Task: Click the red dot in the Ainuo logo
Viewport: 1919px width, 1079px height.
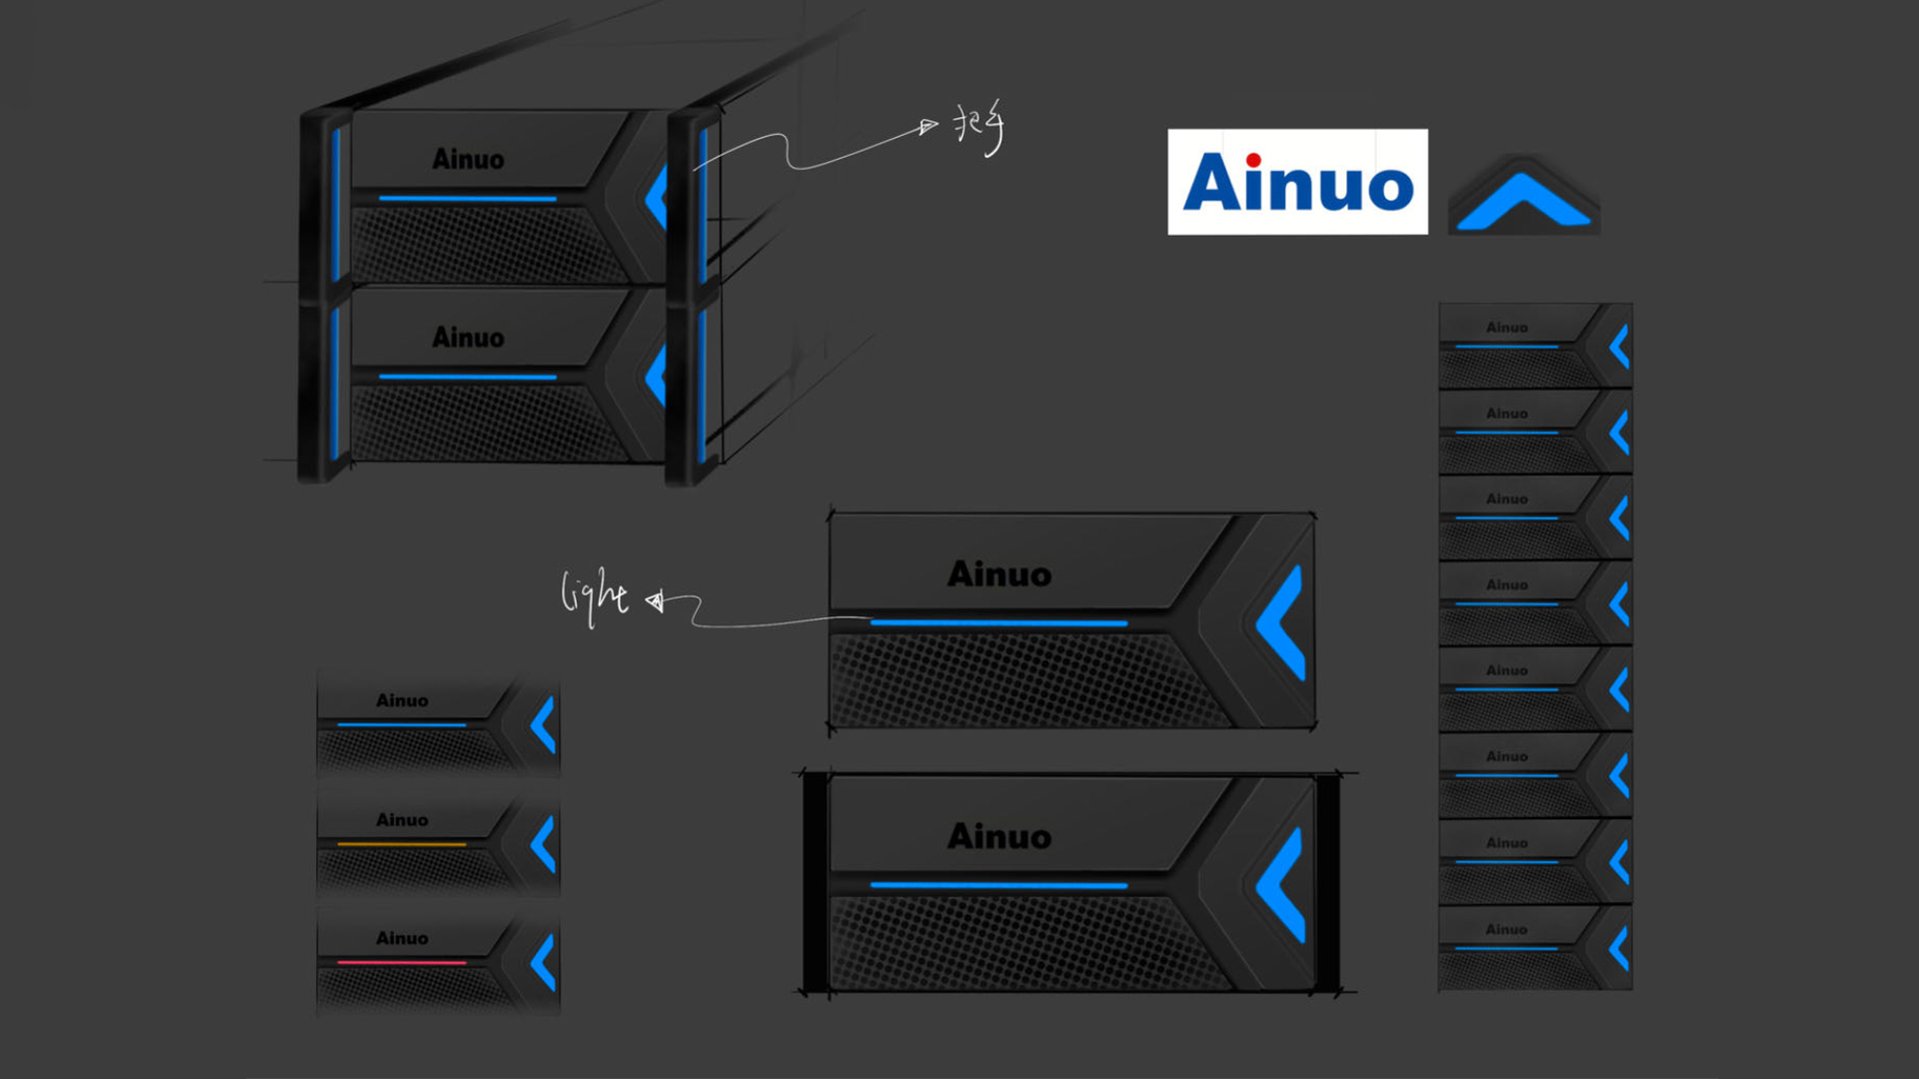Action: click(x=1253, y=160)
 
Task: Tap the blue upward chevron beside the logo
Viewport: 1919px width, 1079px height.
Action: click(x=1523, y=201)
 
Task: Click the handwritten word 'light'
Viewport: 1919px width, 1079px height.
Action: click(x=594, y=595)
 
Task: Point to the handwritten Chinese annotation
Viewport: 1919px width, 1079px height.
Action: click(x=978, y=129)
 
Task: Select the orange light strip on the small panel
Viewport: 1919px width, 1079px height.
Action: click(x=402, y=844)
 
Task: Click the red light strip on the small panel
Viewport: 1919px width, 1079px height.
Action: click(x=402, y=962)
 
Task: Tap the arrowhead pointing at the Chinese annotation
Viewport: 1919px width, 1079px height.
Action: click(x=929, y=126)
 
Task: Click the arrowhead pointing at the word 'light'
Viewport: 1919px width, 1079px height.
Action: click(x=655, y=600)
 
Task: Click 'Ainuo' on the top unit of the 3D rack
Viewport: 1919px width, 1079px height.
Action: click(x=468, y=159)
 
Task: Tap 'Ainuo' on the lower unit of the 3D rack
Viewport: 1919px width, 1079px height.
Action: click(x=468, y=338)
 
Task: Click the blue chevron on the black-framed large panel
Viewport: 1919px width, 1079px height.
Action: click(x=1282, y=885)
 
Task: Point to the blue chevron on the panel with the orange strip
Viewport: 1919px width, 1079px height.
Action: click(x=543, y=844)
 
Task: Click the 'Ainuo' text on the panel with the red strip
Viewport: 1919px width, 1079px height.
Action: click(x=402, y=938)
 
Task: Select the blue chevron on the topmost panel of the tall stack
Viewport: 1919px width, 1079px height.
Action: click(x=1620, y=347)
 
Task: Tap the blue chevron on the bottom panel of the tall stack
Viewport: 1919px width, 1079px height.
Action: click(x=1620, y=948)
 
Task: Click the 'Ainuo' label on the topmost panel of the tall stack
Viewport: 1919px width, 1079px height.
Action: click(x=1506, y=328)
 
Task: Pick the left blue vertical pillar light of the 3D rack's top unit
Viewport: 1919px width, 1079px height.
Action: click(x=336, y=204)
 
